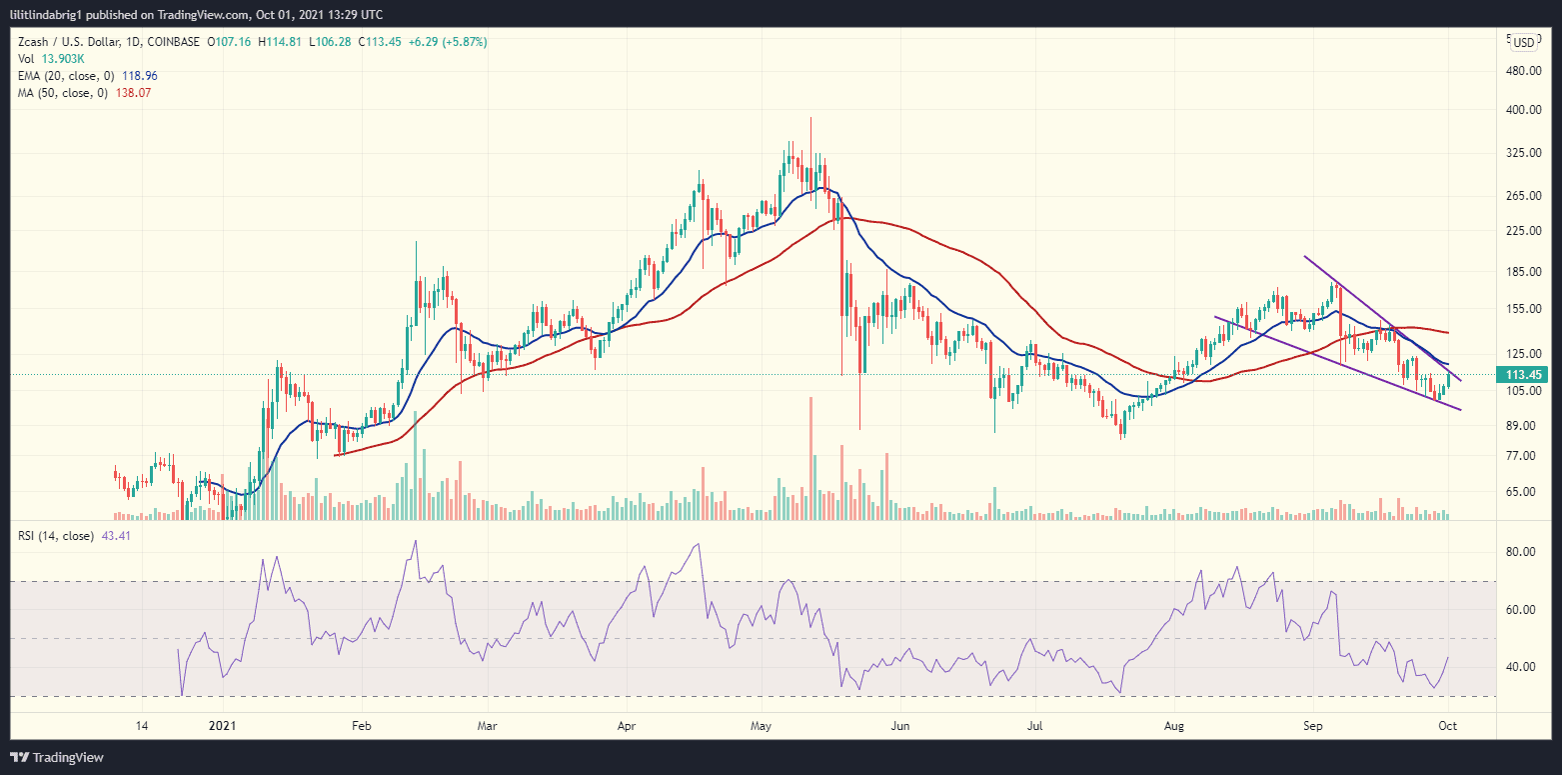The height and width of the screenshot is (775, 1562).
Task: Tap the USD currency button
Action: tap(1523, 42)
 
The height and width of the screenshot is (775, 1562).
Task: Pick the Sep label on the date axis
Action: tap(1310, 726)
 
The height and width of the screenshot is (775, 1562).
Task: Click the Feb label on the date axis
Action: tap(361, 726)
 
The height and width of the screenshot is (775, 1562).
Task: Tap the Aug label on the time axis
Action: tap(1175, 726)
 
